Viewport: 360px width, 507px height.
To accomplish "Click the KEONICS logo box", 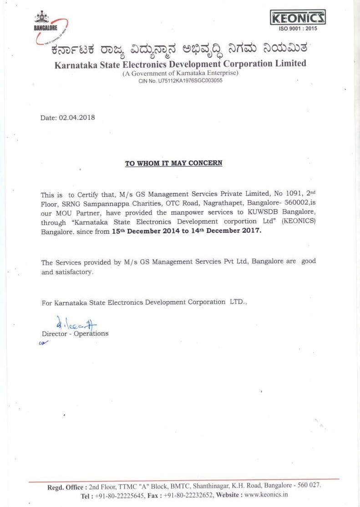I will pyautogui.click(x=298, y=18).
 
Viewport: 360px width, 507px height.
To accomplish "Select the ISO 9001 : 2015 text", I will pyautogui.click(x=299, y=29).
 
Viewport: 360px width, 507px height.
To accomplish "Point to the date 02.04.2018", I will pyautogui.click(x=77, y=117).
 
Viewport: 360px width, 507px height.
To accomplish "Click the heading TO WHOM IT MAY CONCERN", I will pyautogui.click(x=174, y=163).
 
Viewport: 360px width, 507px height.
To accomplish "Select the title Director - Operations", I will pyautogui.click(x=75, y=334).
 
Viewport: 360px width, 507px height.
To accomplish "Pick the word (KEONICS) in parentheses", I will pyautogui.click(x=299, y=222).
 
